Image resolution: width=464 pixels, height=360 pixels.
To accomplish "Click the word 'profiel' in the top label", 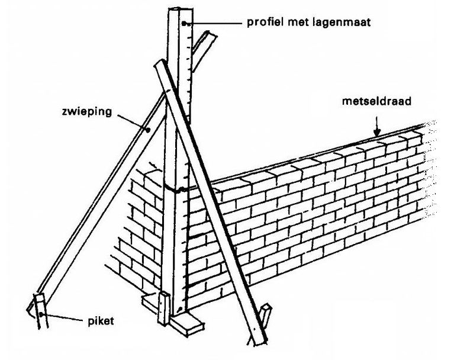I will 264,23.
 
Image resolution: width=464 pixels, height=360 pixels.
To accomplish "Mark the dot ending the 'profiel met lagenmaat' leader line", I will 185,24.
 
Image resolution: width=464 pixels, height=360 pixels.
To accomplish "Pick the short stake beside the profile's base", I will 162,307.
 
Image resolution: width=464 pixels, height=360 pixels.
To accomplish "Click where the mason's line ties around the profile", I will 178,189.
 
